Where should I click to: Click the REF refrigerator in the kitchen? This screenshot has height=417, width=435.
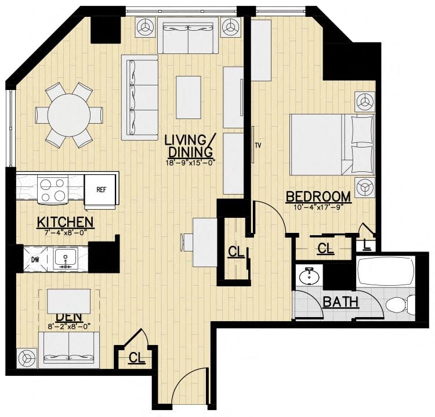tap(101, 190)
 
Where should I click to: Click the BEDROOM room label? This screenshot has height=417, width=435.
tap(318, 197)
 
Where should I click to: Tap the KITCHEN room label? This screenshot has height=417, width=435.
tap(65, 222)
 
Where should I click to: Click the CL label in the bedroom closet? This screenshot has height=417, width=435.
tap(326, 249)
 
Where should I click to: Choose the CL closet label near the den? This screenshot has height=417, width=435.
tap(137, 358)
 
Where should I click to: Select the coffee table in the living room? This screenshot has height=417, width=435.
tap(188, 93)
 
